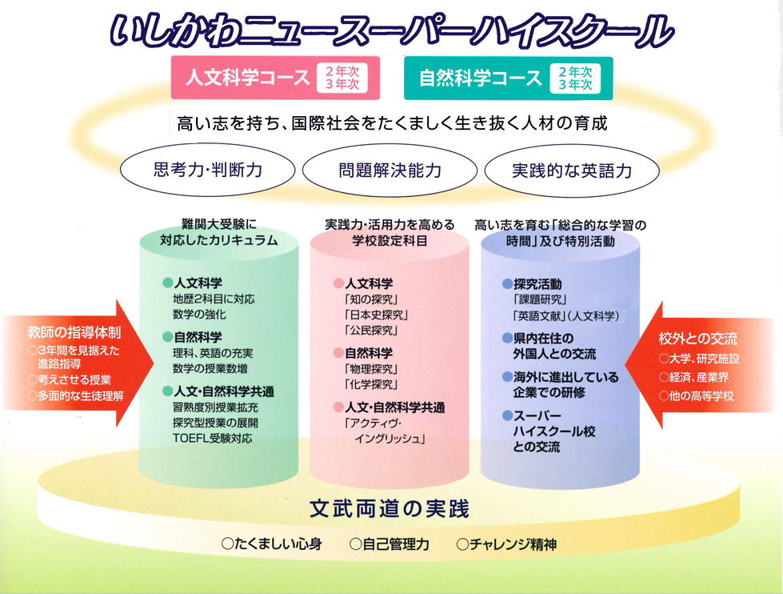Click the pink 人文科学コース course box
point(273,78)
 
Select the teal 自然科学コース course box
point(508,78)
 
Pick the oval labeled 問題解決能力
point(390,171)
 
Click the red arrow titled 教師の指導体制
point(76,364)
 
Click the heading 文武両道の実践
point(390,508)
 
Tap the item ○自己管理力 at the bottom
point(390,544)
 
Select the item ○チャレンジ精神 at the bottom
point(506,544)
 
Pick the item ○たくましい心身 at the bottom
point(272,544)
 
